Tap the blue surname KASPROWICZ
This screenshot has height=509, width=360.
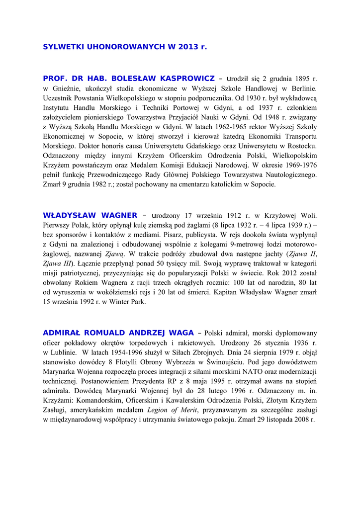185,79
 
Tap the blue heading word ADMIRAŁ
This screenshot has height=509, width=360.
61,333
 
